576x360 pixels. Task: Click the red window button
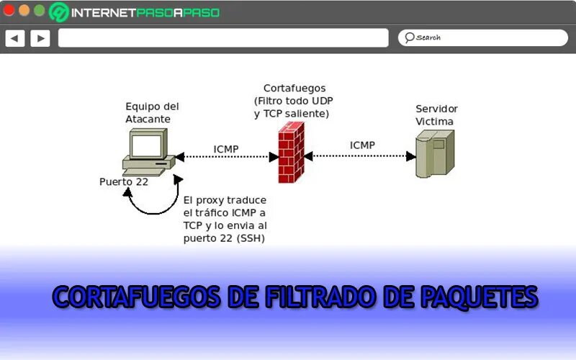tap(9, 11)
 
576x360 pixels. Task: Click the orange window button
tap(24, 11)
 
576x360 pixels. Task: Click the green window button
tap(40, 11)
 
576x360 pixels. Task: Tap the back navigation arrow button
tap(15, 38)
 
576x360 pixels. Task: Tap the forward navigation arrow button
tap(40, 38)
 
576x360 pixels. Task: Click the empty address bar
tap(223, 38)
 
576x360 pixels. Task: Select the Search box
tap(482, 37)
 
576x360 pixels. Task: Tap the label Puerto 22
tap(124, 182)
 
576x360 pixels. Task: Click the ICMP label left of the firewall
tap(226, 150)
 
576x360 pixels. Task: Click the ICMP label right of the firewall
tap(362, 145)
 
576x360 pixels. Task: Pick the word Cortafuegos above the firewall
tap(294, 88)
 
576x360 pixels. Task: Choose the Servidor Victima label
tap(436, 114)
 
